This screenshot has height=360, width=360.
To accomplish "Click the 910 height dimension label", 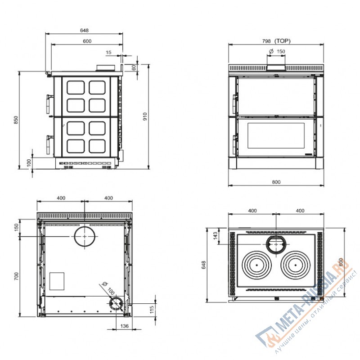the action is [145, 117].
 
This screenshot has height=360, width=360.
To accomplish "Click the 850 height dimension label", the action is [16, 120].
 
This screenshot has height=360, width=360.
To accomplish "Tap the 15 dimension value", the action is [108, 52].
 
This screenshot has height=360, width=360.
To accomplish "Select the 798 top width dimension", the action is [266, 41].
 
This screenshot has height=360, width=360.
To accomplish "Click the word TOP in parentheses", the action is [283, 41].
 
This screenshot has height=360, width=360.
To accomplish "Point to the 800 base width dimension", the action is [276, 182].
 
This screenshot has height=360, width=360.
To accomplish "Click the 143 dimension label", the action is [216, 235].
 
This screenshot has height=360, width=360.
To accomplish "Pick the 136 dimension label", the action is [125, 326].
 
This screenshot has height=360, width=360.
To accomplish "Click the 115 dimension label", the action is [152, 310].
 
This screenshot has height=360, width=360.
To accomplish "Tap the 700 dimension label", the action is [16, 276].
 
